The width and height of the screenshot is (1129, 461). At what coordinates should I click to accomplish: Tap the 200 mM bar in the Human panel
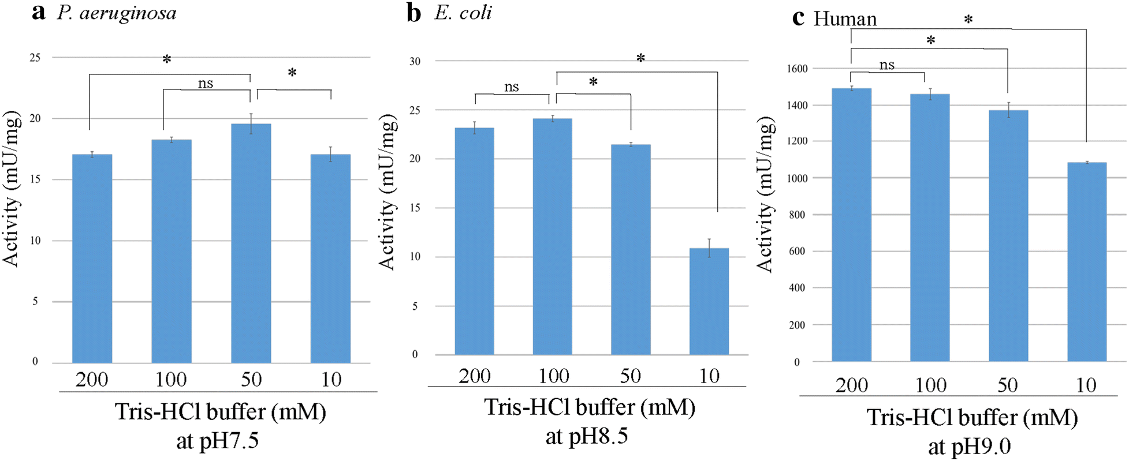click(851, 225)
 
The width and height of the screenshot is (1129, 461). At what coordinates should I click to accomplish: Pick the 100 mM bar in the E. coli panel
click(552, 237)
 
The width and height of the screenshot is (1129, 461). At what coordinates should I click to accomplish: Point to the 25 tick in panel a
click(35, 58)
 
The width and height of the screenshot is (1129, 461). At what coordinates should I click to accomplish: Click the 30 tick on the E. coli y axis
click(415, 61)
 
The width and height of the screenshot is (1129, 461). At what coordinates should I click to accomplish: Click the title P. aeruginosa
click(116, 13)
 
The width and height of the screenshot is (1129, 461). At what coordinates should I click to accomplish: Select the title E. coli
click(463, 13)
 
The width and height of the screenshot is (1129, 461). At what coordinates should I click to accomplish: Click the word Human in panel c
click(845, 19)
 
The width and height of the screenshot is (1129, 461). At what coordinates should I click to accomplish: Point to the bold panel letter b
click(413, 13)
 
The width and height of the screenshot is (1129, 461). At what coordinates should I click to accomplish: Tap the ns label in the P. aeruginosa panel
click(206, 84)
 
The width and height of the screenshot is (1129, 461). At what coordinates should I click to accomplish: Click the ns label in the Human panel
click(886, 65)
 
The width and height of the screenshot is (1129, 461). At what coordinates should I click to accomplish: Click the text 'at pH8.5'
click(586, 436)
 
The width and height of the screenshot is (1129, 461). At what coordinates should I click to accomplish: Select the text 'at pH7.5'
click(218, 441)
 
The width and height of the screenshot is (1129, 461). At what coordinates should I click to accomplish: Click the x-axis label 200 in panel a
click(92, 380)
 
